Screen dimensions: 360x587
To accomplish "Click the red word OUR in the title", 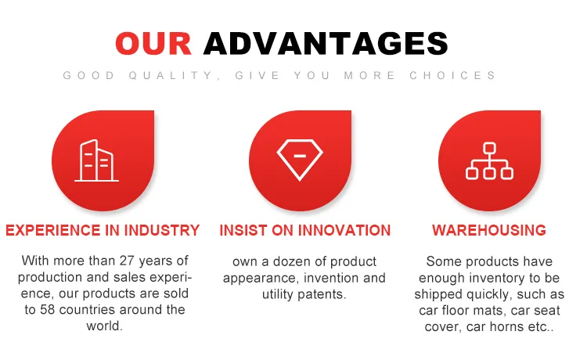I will [153, 42].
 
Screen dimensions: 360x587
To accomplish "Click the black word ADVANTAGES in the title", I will [326, 42].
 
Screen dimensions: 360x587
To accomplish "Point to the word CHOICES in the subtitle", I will [452, 76].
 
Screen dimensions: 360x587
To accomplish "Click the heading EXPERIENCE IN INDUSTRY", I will [103, 231].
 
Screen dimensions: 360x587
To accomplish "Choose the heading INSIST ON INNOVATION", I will [304, 231].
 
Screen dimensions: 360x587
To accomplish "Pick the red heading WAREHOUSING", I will [488, 231].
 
